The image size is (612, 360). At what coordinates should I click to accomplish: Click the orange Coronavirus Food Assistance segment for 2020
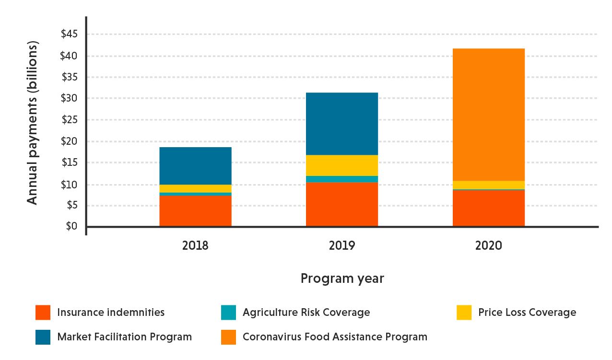(x=488, y=115)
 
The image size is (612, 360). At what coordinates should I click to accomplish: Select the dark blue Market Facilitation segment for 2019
(x=341, y=124)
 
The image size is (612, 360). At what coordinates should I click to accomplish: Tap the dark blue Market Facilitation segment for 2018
(x=195, y=166)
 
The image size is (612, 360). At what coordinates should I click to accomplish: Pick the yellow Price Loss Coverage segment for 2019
(x=341, y=165)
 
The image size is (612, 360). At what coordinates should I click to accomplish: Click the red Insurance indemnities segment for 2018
(x=195, y=211)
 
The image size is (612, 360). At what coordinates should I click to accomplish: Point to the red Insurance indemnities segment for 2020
(x=488, y=209)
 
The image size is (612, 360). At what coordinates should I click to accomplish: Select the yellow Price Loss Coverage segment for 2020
(x=488, y=185)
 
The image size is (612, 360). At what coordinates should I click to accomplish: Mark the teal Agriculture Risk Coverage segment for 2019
(x=341, y=179)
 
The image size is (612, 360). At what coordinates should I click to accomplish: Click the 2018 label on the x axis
(x=195, y=246)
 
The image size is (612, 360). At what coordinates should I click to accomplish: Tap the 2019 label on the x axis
(x=341, y=246)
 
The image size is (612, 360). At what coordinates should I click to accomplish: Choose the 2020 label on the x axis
(x=488, y=246)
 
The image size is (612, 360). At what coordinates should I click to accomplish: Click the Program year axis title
(x=342, y=279)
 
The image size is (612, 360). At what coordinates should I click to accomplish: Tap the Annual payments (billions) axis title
(x=32, y=123)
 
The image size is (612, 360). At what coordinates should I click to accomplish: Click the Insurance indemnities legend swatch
(x=43, y=313)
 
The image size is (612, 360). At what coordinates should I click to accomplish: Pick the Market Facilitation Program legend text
(x=124, y=337)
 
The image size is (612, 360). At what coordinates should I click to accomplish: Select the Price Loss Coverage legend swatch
(x=464, y=313)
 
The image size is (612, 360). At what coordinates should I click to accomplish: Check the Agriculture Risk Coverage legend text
(x=306, y=313)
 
